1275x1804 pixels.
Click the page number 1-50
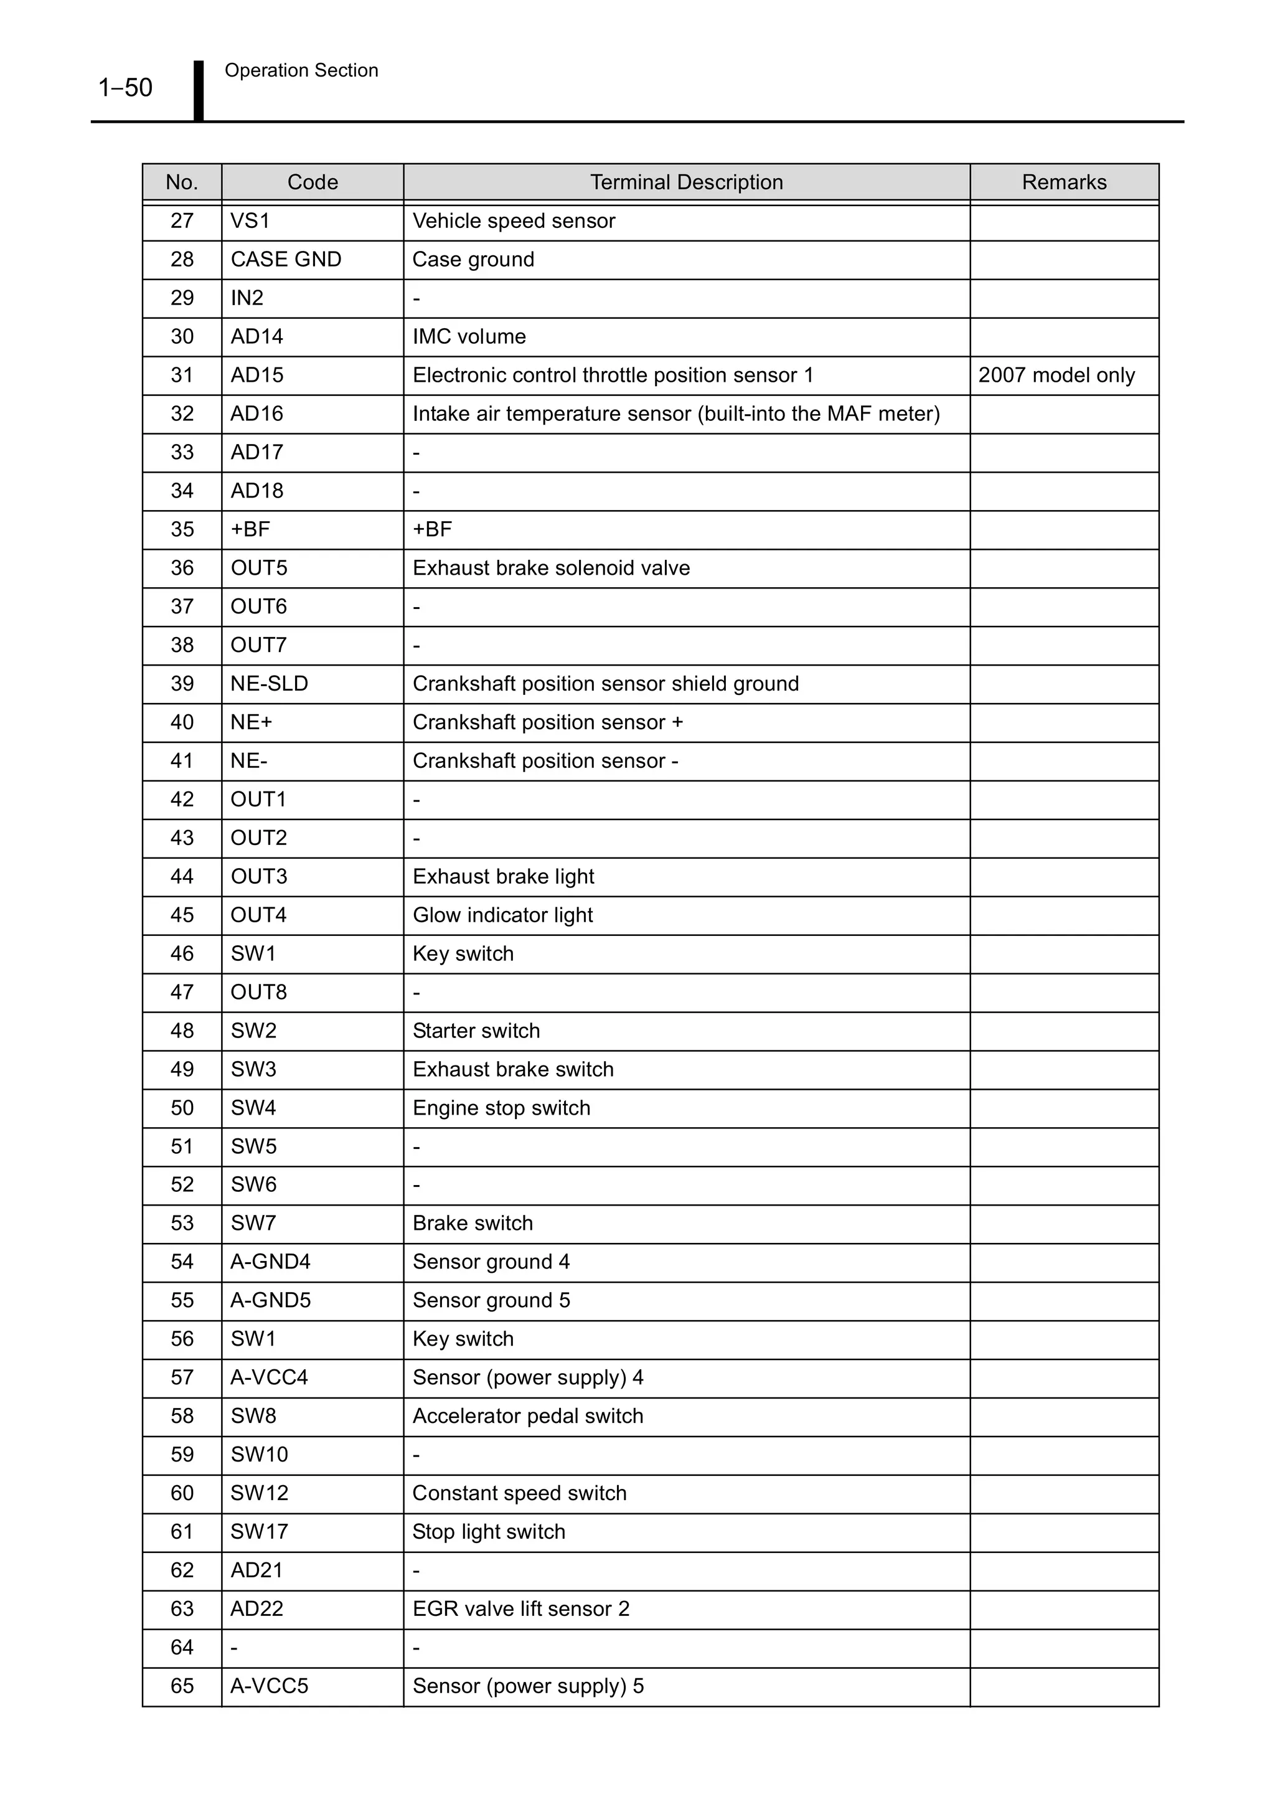[125, 87]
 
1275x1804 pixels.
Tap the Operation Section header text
[301, 71]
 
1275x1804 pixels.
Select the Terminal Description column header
[686, 182]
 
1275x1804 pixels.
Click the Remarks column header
[1064, 182]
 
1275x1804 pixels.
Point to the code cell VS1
[250, 221]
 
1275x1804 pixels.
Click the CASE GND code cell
[286, 259]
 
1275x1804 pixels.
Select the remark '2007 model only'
[1056, 375]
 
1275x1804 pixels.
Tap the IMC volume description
[469, 336]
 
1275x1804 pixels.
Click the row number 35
[182, 529]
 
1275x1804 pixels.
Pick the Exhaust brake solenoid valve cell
[551, 568]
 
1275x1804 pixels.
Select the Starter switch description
[476, 1030]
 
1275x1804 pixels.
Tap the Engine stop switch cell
[501, 1108]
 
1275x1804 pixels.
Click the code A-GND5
[270, 1300]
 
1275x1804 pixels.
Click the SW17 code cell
[259, 1531]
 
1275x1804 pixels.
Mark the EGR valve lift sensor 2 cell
[521, 1608]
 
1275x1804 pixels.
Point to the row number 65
[182, 1685]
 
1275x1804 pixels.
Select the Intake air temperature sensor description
[675, 413]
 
